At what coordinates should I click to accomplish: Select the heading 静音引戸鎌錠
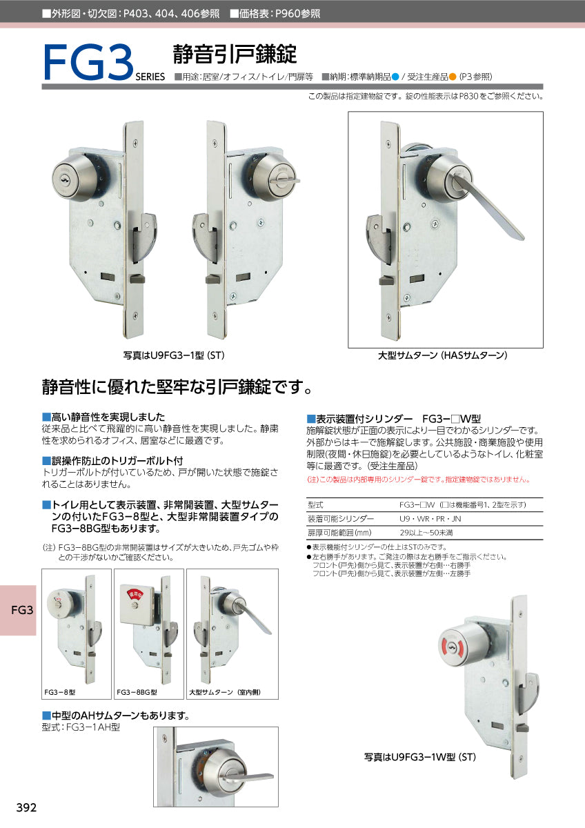point(235,54)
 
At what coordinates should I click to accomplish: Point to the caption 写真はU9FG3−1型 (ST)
point(174,355)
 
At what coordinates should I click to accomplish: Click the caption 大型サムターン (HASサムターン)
point(442,355)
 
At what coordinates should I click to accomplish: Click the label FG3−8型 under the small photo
point(60,691)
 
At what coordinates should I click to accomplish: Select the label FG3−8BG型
point(137,691)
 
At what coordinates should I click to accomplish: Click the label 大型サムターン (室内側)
point(224,691)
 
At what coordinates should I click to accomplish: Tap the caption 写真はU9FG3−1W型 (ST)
point(420,757)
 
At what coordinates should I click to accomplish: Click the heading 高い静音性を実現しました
point(108,417)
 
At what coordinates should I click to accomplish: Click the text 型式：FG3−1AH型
point(81,727)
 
